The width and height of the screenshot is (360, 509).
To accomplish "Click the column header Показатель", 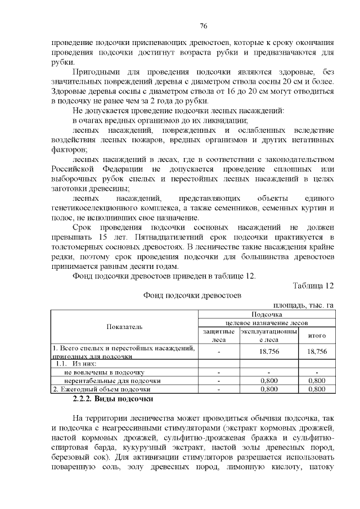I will click(124, 327).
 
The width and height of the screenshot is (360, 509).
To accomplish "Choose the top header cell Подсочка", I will click(267, 314).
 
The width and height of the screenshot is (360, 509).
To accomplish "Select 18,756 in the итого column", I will click(317, 352).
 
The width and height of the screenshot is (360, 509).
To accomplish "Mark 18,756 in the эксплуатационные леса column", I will click(268, 352).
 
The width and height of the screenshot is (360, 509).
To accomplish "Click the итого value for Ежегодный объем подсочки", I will click(317, 388).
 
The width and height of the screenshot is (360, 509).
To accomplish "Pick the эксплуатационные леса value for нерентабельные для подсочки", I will click(268, 380).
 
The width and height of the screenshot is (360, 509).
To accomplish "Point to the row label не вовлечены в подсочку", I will click(105, 372).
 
